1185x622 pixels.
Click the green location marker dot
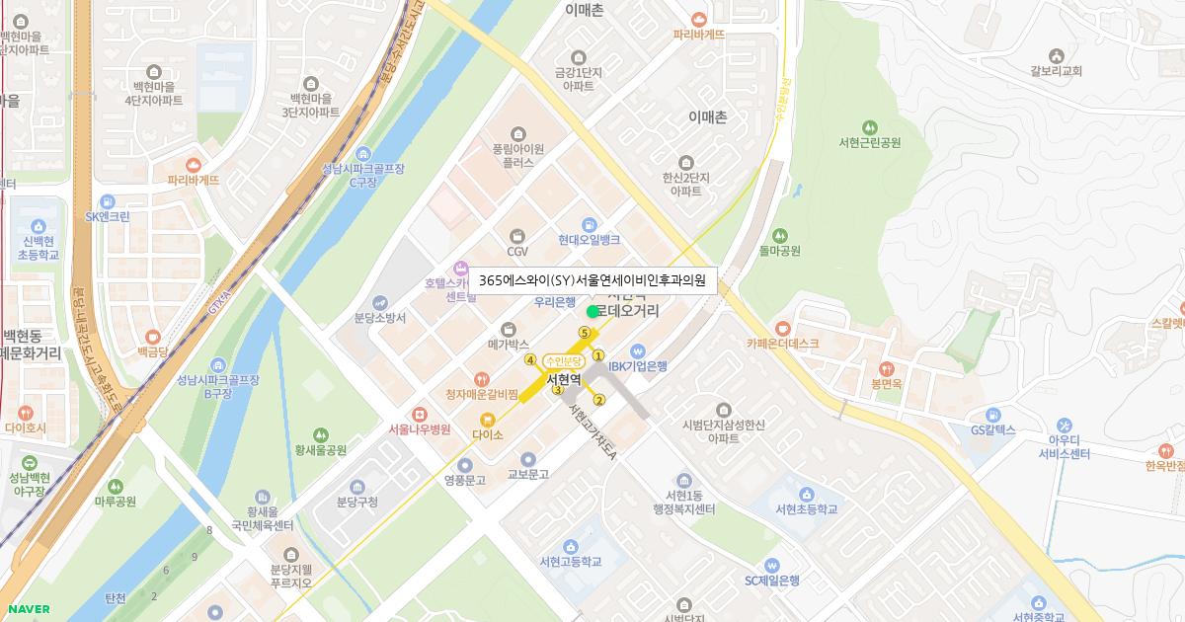point(592,312)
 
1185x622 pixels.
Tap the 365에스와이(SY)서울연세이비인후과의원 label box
point(592,280)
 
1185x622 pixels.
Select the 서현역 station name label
point(563,379)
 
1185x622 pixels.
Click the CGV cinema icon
point(517,236)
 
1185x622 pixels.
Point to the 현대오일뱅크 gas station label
point(589,240)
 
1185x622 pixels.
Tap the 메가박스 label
point(509,346)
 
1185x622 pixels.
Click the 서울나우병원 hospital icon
point(420,414)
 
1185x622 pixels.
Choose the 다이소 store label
point(488,434)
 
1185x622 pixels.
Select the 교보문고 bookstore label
point(527,474)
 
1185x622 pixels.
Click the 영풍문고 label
point(465,481)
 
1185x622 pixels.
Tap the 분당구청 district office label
point(357,502)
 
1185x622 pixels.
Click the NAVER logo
point(27,609)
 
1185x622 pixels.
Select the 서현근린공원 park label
point(869,142)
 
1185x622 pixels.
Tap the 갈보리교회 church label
point(1056,71)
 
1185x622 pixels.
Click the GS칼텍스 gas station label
point(992,430)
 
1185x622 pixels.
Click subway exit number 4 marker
point(530,359)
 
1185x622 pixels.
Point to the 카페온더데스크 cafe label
point(783,344)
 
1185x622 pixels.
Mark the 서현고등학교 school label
point(570,562)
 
